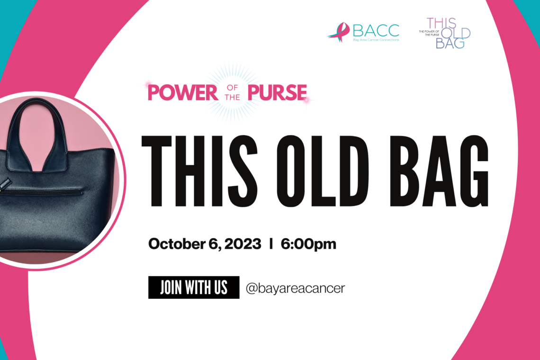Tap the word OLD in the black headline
(x=323, y=171)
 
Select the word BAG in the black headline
(x=439, y=171)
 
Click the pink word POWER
(x=182, y=92)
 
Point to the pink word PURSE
(x=277, y=92)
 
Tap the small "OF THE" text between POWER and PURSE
(x=233, y=93)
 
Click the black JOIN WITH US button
(x=194, y=288)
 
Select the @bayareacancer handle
(x=295, y=288)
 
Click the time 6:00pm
(x=308, y=244)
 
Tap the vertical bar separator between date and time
(x=271, y=243)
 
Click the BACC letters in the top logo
(x=376, y=31)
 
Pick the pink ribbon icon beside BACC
(x=339, y=32)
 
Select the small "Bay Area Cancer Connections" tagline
(x=376, y=40)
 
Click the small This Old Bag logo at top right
(x=445, y=33)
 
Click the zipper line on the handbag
(x=41, y=191)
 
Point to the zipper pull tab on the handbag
(x=5, y=182)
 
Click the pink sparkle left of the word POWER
(x=148, y=84)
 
